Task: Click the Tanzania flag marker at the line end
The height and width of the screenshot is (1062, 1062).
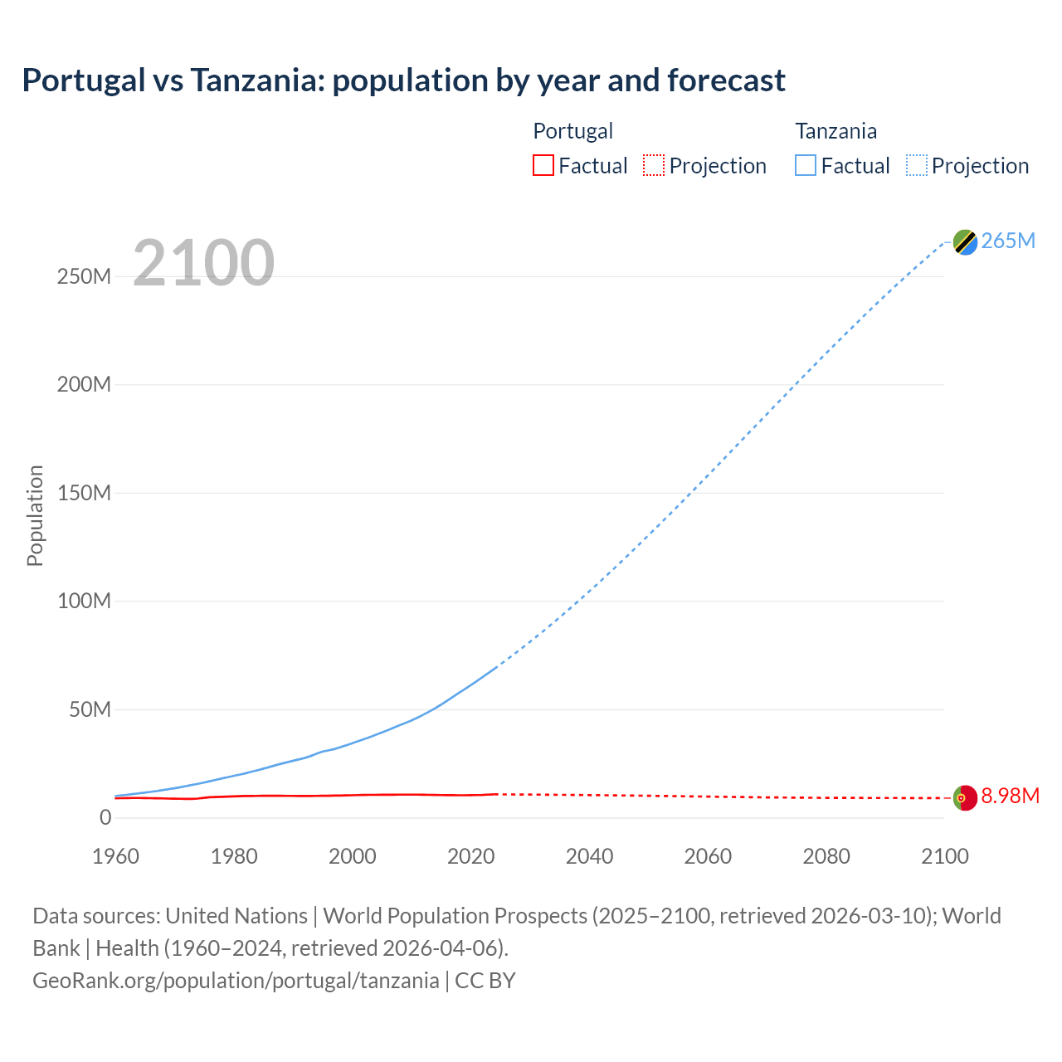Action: click(x=965, y=241)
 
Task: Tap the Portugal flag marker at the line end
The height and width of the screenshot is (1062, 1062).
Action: click(x=965, y=797)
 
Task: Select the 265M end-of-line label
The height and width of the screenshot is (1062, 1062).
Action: click(x=1008, y=241)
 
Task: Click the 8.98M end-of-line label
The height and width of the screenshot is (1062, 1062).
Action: click(x=1010, y=796)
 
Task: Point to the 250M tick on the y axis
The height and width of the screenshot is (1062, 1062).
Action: click(x=84, y=276)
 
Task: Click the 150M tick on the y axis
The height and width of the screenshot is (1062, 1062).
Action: click(x=84, y=493)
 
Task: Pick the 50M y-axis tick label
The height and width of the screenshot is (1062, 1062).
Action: click(x=90, y=709)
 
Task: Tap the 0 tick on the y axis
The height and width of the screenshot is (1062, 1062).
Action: click(x=105, y=817)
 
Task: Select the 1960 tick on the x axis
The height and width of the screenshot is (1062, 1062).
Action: click(x=115, y=856)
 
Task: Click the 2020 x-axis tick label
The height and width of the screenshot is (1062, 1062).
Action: click(x=470, y=856)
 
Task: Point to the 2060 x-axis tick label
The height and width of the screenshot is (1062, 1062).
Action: click(x=708, y=856)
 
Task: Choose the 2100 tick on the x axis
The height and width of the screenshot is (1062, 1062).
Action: click(x=944, y=856)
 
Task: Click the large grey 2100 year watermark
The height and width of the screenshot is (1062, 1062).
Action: click(x=203, y=263)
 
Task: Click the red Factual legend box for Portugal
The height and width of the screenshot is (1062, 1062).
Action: click(x=543, y=166)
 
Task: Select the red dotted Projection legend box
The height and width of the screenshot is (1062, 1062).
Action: click(x=654, y=166)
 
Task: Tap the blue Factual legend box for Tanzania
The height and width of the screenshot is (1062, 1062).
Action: click(x=805, y=166)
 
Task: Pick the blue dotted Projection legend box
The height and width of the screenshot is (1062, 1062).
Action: click(x=916, y=166)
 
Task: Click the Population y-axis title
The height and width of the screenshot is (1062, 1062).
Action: click(x=35, y=515)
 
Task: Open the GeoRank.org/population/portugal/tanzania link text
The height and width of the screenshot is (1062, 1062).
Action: click(x=236, y=981)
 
